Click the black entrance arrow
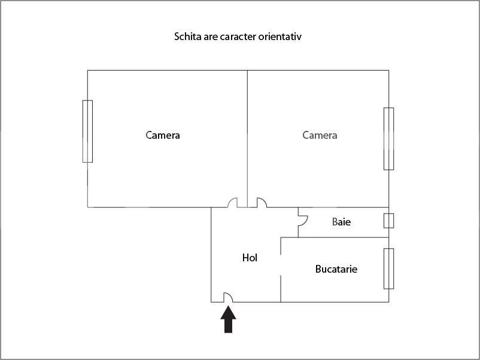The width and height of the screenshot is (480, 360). pos(228,320)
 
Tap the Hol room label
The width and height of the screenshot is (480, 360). pos(250,258)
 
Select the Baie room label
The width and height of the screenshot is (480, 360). pos(341,222)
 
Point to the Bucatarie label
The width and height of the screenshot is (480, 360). pos(336,269)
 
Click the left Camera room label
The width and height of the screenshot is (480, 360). pos(163,135)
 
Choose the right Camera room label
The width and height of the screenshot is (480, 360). pos(320,135)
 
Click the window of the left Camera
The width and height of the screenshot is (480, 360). pos(87,131)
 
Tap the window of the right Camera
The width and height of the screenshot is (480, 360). pos(389,139)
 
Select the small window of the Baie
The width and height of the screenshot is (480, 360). pos(389,221)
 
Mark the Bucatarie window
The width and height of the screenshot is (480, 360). pos(389,269)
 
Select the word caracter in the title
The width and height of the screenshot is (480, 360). pos(238,36)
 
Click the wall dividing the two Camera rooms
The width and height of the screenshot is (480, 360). pos(247,139)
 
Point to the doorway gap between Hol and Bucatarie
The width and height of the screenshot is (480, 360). pos(281,265)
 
